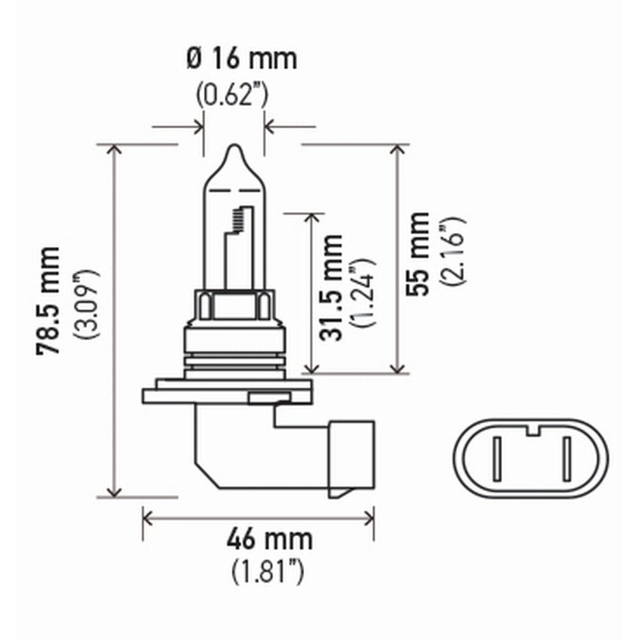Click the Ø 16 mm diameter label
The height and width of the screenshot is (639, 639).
pyautogui.click(x=240, y=58)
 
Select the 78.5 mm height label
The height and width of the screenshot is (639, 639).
pyautogui.click(x=50, y=300)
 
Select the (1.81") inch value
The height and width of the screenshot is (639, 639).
pyautogui.click(x=268, y=570)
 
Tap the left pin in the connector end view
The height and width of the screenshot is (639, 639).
pyautogui.click(x=496, y=459)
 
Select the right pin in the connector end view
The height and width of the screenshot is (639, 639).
pyautogui.click(x=565, y=459)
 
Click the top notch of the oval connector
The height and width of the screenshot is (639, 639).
pyautogui.click(x=531, y=431)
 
